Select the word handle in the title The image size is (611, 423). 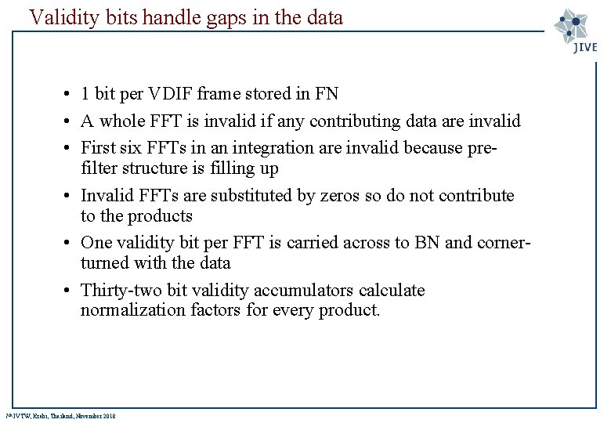click(145, 17)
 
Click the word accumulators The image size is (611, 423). click(316, 290)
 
